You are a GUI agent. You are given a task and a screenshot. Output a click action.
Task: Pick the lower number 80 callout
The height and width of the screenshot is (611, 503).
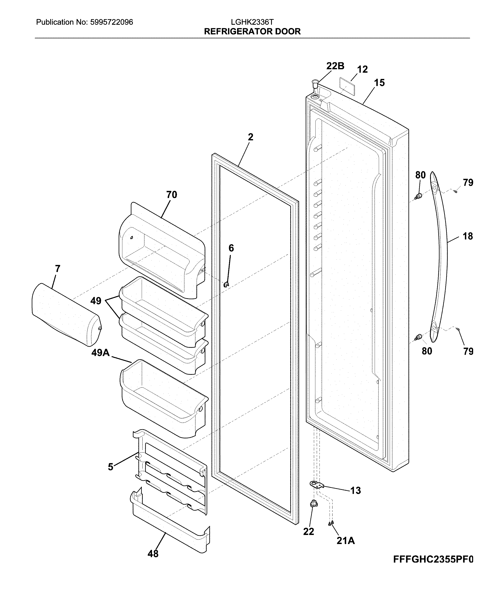pos(427,351)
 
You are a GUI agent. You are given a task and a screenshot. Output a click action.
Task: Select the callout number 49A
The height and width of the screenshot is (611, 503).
pos(100,353)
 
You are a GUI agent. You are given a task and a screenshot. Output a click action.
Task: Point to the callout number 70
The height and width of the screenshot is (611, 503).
pos(172,195)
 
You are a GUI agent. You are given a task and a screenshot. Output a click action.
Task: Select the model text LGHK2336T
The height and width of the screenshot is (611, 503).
pos(252,22)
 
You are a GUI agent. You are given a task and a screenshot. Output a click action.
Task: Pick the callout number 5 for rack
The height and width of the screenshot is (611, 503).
pos(110,467)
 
